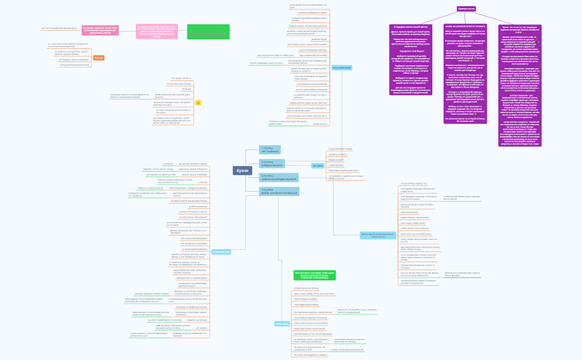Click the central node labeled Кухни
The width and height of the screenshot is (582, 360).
[x=242, y=171]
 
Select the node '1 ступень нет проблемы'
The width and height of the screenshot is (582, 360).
[x=270, y=150]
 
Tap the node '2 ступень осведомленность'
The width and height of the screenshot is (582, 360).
[x=272, y=163]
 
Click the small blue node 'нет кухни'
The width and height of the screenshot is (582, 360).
[x=318, y=166]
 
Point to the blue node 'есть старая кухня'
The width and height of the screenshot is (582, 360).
[x=341, y=67]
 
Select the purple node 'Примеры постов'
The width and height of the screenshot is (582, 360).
[x=466, y=9]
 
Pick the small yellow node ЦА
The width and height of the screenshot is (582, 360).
[x=197, y=102]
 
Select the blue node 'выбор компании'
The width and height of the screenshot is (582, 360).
[x=221, y=252]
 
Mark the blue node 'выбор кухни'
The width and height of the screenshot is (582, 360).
[x=282, y=324]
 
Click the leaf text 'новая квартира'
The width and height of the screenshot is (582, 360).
[x=335, y=165]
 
